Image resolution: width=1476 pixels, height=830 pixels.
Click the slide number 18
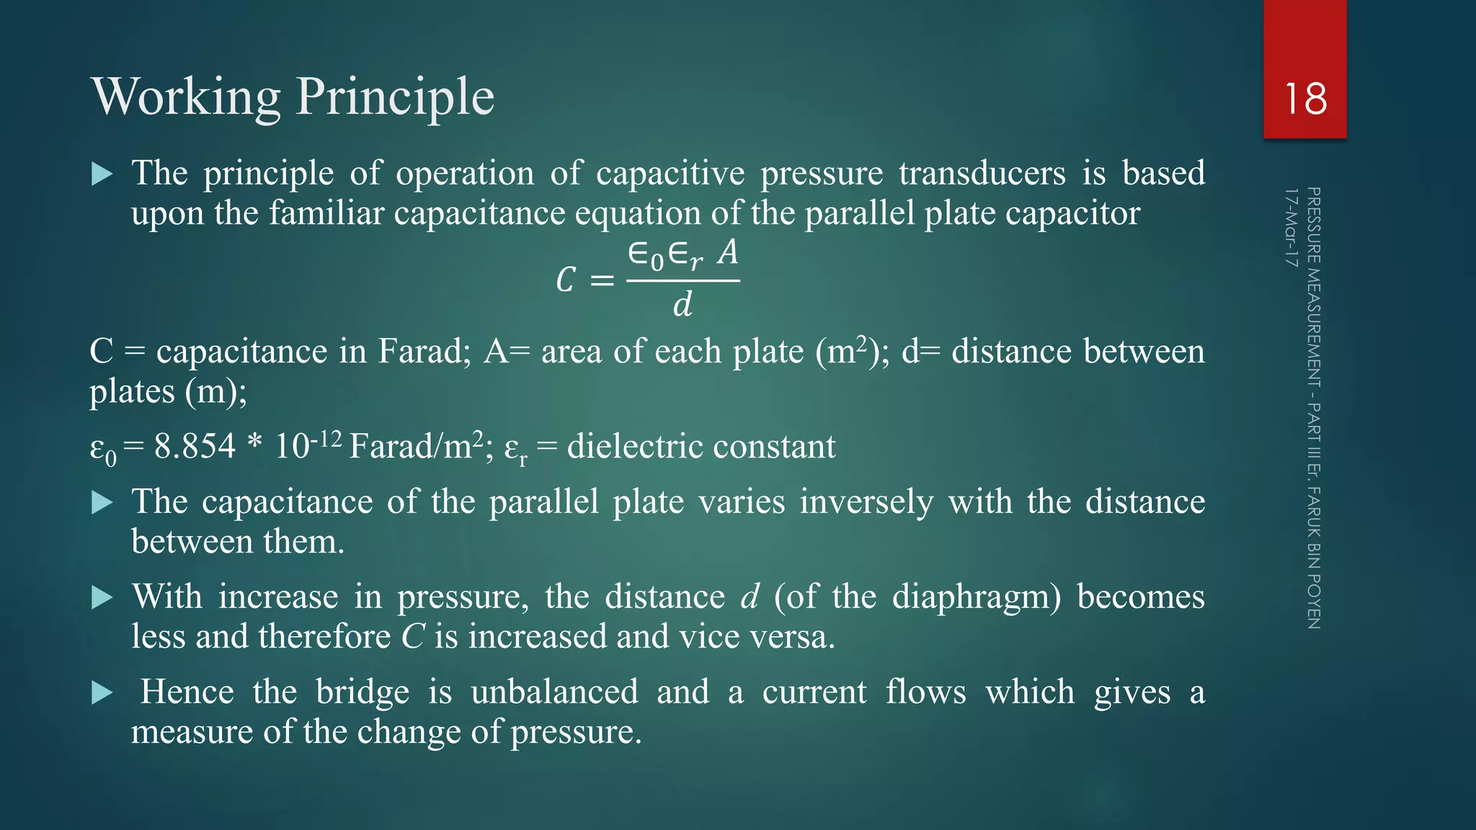pyautogui.click(x=1305, y=99)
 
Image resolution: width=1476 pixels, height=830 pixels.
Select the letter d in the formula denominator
pyautogui.click(x=683, y=305)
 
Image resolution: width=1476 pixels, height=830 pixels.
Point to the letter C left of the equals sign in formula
pyautogui.click(x=566, y=280)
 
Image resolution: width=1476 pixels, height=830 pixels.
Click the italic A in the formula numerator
pyautogui.click(x=728, y=253)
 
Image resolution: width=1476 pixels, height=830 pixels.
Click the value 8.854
pyautogui.click(x=195, y=447)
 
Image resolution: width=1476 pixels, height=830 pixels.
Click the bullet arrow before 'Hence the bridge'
pyautogui.click(x=102, y=693)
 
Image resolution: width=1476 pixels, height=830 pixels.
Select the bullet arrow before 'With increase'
pyautogui.click(x=102, y=598)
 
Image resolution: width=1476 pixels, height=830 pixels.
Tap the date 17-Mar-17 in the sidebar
pyautogui.click(x=1291, y=228)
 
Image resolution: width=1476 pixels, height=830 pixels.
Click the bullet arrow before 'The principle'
pyautogui.click(x=102, y=174)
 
